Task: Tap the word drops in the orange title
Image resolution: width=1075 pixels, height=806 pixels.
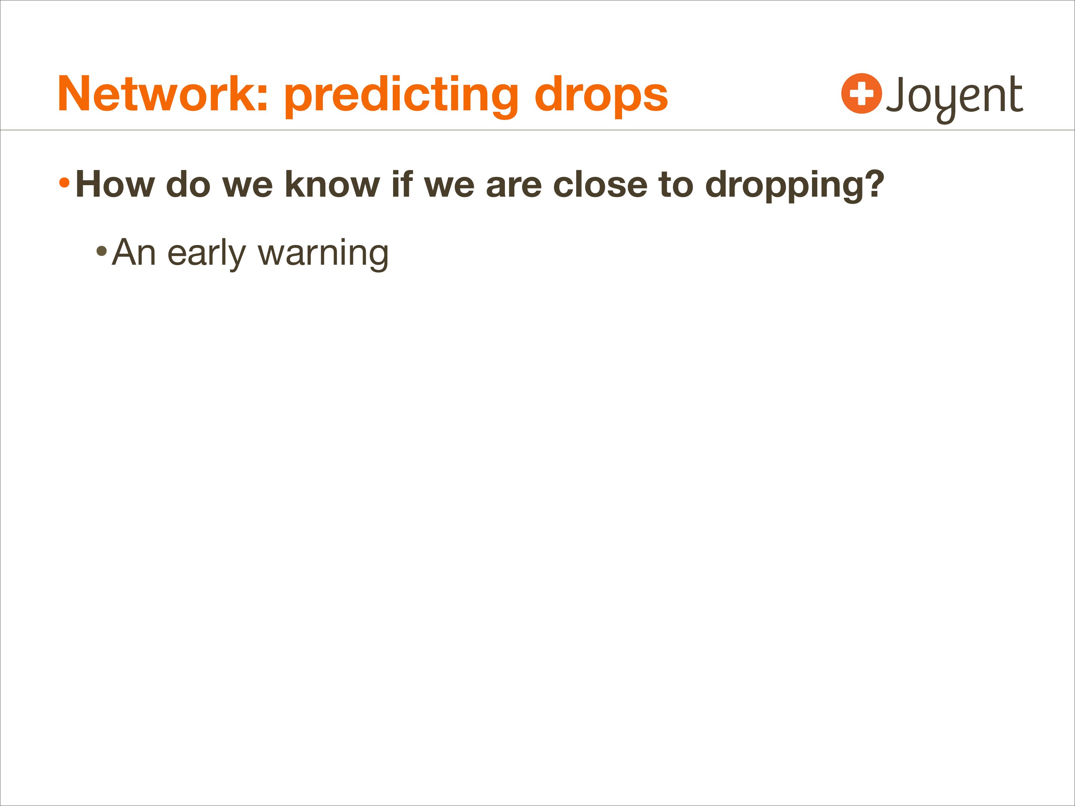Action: (601, 96)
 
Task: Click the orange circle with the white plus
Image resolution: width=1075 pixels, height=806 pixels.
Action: (862, 93)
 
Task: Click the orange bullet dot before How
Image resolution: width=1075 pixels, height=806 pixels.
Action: (64, 183)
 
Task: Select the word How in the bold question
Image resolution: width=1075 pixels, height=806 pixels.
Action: (115, 184)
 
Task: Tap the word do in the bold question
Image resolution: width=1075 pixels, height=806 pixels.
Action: (188, 184)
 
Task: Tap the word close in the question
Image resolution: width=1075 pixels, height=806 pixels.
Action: (600, 184)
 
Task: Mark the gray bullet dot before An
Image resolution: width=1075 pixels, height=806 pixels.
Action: (101, 251)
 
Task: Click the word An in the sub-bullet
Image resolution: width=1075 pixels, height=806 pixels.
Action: (134, 252)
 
